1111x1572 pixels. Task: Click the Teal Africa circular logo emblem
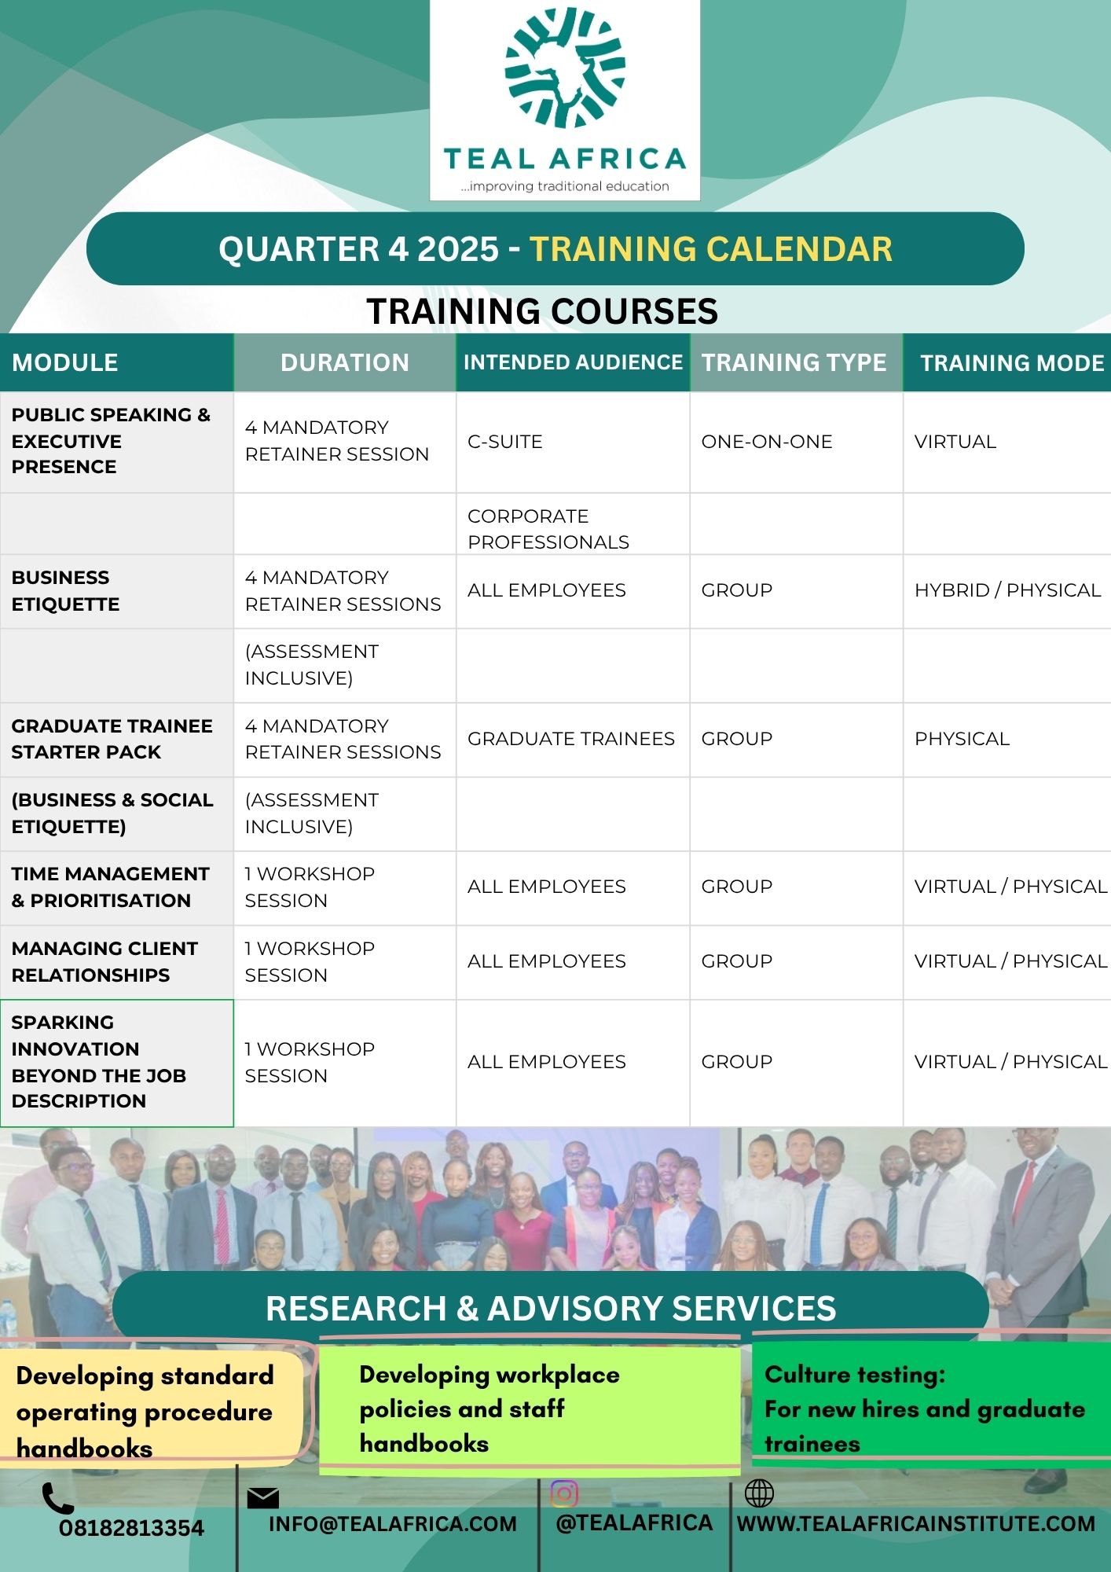pos(565,68)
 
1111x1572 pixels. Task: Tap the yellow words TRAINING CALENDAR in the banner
pos(711,249)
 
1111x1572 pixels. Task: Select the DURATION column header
pos(345,362)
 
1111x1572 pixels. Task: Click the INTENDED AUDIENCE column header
pos(573,362)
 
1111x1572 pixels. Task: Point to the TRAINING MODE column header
pos(1012,363)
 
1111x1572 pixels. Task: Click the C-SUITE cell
pos(505,442)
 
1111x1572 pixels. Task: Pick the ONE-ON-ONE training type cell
pos(767,442)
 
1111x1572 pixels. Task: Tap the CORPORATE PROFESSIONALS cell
pos(548,529)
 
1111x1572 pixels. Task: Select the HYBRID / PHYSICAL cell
pos(1007,590)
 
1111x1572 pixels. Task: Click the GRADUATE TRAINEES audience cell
pos(571,739)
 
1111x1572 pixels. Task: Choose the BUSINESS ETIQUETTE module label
pos(66,591)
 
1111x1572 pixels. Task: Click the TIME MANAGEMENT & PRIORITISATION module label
pos(111,887)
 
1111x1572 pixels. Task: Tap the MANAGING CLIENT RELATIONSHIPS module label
pos(104,961)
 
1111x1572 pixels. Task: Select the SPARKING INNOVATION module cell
pos(117,1063)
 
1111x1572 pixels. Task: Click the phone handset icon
pos(57,1498)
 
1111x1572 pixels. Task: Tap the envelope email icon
pos(263,1498)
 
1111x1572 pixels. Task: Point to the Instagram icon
pos(564,1493)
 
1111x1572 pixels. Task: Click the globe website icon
pos(759,1493)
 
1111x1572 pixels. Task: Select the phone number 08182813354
pos(131,1528)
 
